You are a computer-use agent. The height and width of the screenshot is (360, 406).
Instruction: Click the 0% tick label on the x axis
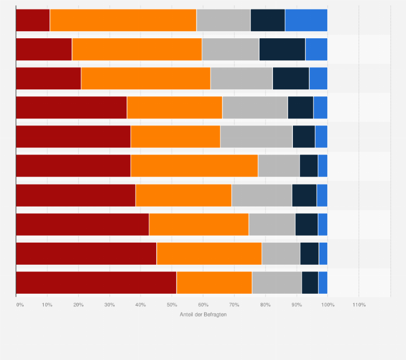tap(20, 305)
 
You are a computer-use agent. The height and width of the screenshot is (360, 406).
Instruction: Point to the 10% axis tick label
tap(47, 305)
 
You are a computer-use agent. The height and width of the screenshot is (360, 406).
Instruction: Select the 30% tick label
tap(109, 305)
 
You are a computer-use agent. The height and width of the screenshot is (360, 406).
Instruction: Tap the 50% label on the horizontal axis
tap(172, 305)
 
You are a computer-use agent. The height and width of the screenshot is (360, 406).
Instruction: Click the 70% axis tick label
tap(234, 305)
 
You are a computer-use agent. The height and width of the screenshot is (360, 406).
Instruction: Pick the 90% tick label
tap(297, 305)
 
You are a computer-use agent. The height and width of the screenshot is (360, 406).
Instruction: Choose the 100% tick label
tap(327, 305)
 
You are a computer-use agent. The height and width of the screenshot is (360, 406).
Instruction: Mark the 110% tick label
tap(359, 305)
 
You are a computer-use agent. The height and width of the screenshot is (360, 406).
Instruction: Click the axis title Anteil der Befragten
tap(203, 315)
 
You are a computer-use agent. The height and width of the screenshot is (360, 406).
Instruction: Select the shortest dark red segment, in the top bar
tap(33, 20)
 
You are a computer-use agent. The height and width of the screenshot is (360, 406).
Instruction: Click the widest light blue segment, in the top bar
tap(306, 20)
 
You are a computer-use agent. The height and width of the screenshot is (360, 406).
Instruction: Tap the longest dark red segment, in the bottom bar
tap(96, 283)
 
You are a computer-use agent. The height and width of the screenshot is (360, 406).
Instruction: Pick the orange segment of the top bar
tap(123, 20)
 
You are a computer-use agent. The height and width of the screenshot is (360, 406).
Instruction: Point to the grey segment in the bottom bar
tap(277, 283)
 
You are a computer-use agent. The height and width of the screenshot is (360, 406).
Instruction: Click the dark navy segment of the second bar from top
tap(282, 49)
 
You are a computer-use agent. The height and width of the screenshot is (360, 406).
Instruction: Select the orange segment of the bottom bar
tap(214, 283)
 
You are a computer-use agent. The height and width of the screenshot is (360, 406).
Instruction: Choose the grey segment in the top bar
tap(223, 20)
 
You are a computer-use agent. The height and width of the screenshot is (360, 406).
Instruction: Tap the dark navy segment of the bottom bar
tap(310, 283)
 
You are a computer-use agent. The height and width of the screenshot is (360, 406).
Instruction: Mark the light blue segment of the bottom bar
tap(323, 283)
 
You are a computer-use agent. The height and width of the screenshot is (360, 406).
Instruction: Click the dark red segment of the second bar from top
tap(44, 49)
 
